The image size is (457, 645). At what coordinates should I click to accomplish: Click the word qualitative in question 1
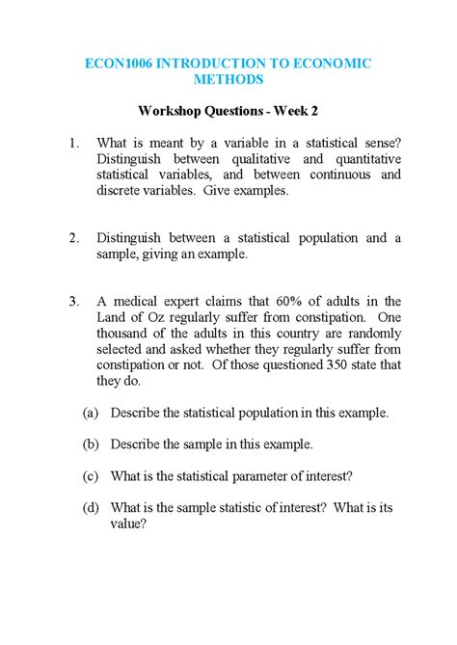pos(253,159)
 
